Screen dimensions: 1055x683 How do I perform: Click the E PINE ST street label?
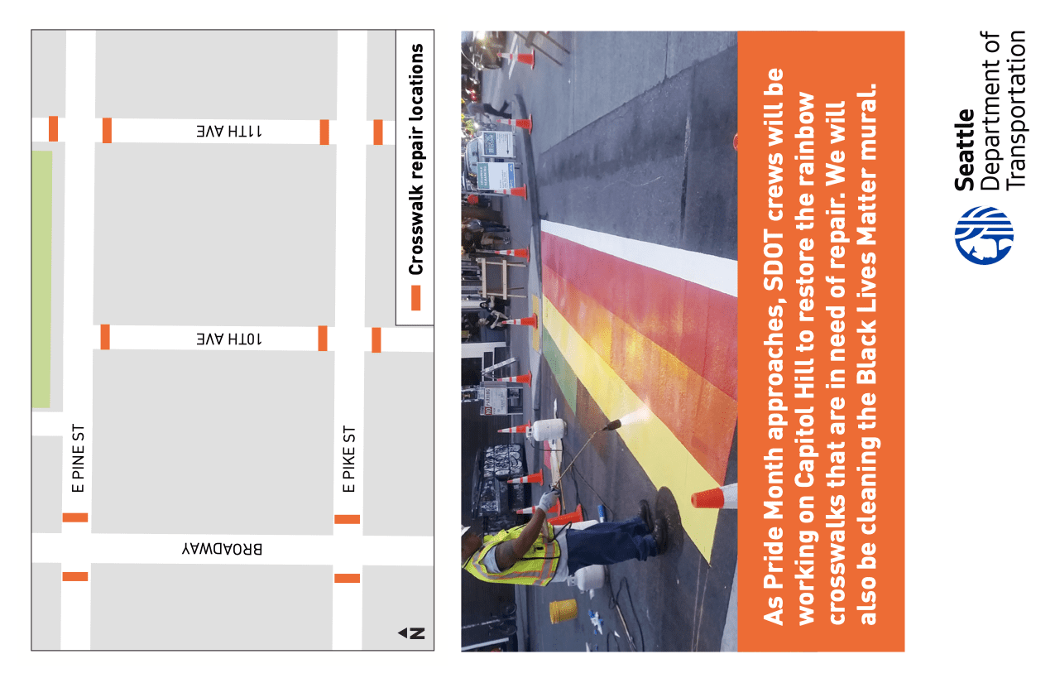(78, 458)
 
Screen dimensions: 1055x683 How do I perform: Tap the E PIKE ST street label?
(349, 459)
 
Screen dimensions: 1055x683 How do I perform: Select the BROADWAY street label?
(223, 549)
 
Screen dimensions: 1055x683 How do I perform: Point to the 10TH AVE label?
(229, 339)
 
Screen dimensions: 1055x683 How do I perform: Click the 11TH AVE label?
(229, 131)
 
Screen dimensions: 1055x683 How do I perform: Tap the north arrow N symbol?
(412, 633)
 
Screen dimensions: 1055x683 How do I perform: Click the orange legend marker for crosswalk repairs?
(416, 298)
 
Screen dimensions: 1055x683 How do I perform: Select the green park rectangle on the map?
(42, 279)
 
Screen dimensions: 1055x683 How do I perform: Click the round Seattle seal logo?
(984, 235)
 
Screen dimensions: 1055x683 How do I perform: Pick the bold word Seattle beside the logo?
(965, 150)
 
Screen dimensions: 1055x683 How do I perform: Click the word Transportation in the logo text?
(1016, 110)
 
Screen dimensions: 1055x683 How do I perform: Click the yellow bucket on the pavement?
(563, 611)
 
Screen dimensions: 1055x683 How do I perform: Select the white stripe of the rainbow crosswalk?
(639, 257)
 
